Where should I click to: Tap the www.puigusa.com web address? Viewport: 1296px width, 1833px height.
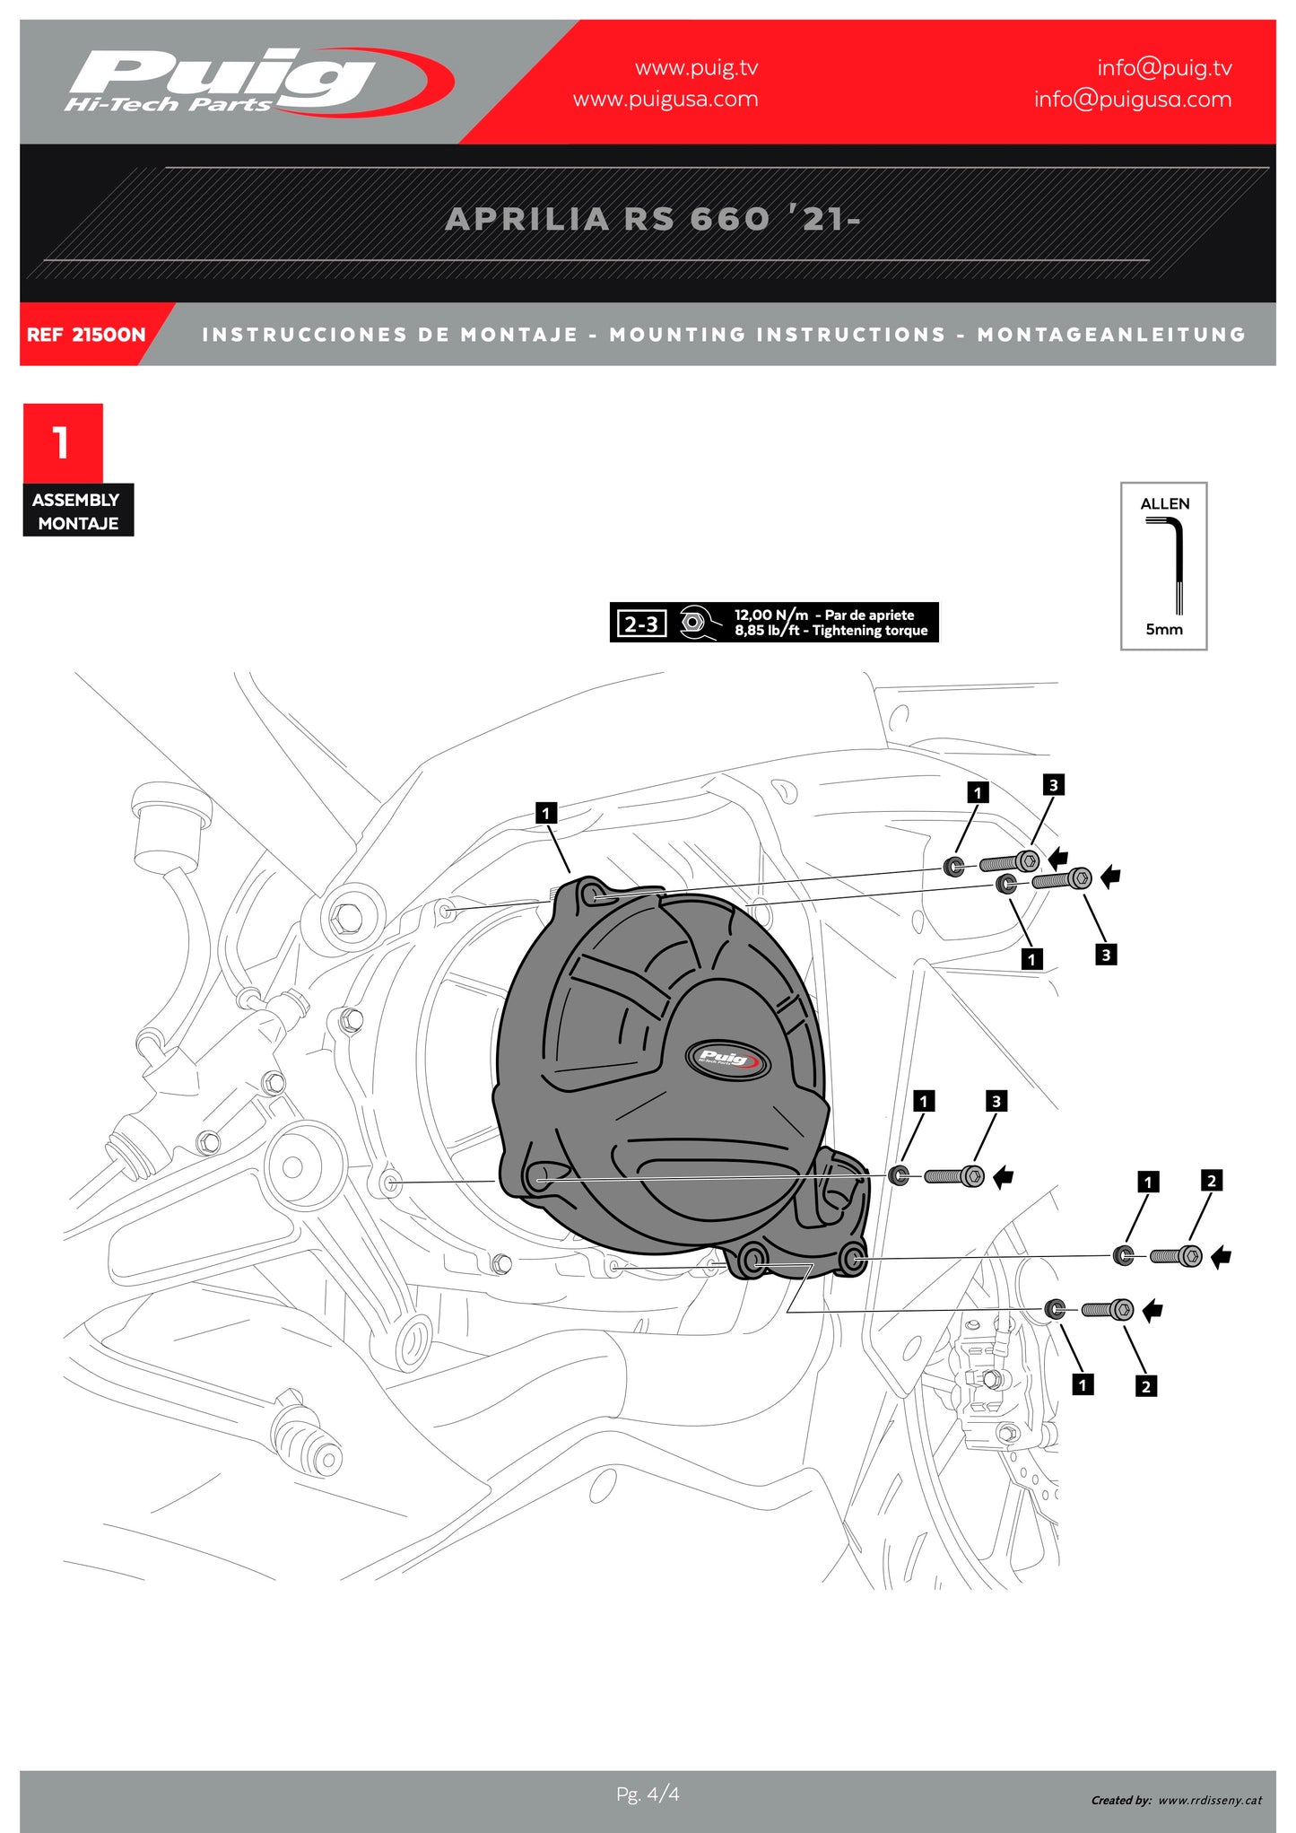tap(665, 100)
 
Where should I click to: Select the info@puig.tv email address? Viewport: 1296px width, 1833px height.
tap(1163, 68)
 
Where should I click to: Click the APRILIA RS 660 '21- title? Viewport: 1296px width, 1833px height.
tap(652, 219)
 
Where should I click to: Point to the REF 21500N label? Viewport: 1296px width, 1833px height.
tap(85, 335)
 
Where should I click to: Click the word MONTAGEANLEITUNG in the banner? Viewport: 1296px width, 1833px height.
tap(1110, 335)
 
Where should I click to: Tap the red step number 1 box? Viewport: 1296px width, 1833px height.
tap(63, 442)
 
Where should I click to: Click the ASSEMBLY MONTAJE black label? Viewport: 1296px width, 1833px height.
tap(77, 511)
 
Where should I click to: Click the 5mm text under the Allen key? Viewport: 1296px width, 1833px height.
tap(1163, 629)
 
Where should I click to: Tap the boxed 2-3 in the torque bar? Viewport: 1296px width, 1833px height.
tap(641, 624)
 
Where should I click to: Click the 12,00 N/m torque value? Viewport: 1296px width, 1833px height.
tap(770, 615)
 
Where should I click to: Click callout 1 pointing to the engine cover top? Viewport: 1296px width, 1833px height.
tap(545, 814)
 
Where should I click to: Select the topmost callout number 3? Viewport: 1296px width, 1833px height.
tap(1053, 785)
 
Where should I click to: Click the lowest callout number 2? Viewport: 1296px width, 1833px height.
tap(1145, 1386)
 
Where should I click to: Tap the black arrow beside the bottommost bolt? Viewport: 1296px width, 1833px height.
tap(1153, 1311)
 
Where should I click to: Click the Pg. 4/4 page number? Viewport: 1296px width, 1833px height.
tap(648, 1794)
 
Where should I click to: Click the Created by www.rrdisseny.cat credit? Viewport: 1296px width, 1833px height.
tap(1176, 1800)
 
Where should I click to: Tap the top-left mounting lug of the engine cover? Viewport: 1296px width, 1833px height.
tap(591, 895)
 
